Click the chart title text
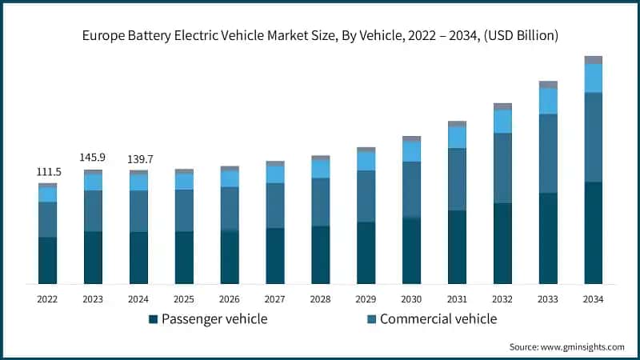[320, 35]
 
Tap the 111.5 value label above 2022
[47, 173]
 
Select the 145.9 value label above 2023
[93, 158]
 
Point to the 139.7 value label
[138, 160]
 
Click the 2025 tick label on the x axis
[184, 298]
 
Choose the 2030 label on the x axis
[411, 298]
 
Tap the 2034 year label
[593, 298]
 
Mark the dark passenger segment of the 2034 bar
[593, 233]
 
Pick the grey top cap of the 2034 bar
[593, 60]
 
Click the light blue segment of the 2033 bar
[548, 101]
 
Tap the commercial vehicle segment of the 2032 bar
[502, 168]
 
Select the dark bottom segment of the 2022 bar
[47, 260]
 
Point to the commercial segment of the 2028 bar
[320, 202]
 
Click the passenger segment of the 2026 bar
[230, 257]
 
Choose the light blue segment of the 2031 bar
[457, 138]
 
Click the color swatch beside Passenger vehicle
[153, 319]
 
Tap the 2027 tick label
[274, 298]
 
